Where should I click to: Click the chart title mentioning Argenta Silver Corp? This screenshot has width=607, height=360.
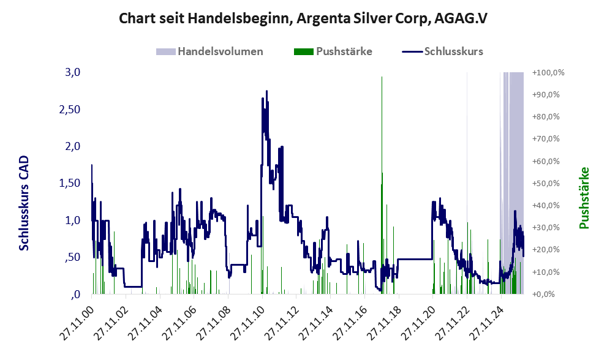pos(303,18)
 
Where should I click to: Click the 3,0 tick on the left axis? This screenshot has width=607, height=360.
pos(72,72)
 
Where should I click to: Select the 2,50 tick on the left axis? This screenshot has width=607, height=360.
pos(69,109)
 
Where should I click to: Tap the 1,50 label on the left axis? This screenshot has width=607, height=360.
pos(69,183)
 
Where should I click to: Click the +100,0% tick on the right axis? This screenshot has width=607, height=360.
pos(548,73)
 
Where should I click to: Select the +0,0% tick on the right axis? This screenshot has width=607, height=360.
pos(548,294)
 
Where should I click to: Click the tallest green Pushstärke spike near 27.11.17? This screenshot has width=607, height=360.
pos(382,122)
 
